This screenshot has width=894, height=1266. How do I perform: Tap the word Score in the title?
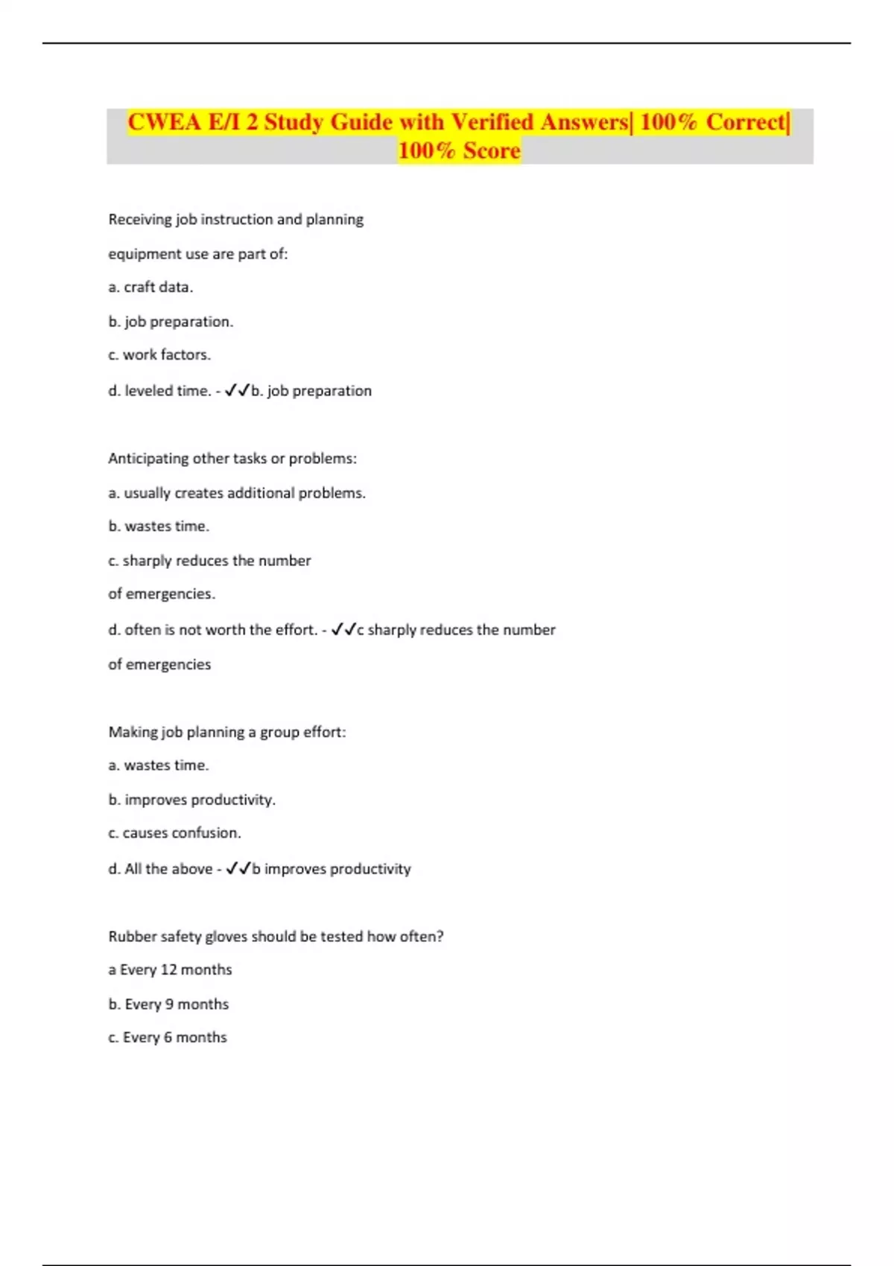tap(491, 151)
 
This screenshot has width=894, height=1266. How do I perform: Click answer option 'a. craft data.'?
tap(150, 287)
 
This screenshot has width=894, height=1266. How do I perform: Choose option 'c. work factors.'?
tap(159, 355)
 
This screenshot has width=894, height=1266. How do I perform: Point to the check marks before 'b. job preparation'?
tap(237, 390)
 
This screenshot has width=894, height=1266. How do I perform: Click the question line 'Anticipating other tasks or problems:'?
tap(232, 459)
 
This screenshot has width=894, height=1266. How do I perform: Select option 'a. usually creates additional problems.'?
tap(237, 493)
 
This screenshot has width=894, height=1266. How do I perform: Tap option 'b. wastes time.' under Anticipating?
tap(159, 527)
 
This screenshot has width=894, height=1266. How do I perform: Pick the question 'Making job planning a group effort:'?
tap(227, 732)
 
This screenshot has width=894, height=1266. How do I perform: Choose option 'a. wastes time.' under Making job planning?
tap(159, 766)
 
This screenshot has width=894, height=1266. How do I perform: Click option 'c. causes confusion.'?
tap(174, 833)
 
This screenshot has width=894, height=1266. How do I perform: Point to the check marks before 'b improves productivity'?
tap(238, 868)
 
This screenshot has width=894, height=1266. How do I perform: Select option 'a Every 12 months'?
tap(170, 970)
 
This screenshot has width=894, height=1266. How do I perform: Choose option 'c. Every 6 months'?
tap(168, 1037)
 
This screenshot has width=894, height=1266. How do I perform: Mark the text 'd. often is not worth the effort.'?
tap(213, 630)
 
